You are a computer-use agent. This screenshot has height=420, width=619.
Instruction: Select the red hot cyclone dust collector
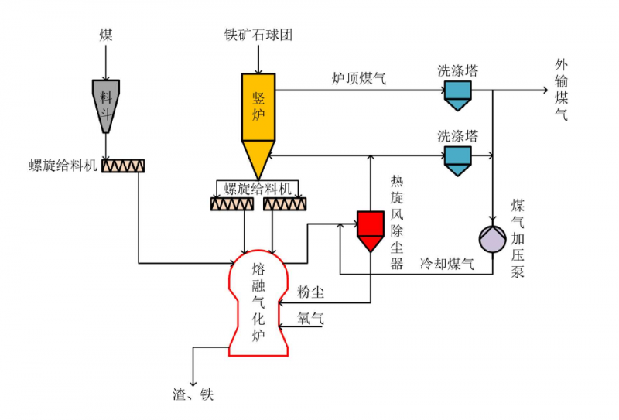coord(370,228)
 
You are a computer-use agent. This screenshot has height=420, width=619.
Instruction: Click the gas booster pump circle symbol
coord(492,238)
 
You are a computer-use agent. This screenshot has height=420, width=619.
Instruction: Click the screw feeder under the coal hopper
coord(123,166)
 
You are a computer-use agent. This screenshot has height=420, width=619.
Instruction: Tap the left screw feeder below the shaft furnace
coord(232,203)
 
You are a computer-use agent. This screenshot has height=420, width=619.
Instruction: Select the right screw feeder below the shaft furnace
coord(285,203)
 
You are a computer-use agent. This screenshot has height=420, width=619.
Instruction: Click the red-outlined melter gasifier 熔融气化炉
coord(258,306)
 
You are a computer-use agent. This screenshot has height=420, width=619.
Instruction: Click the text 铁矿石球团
coord(259,35)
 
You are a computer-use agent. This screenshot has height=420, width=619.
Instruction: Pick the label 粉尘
coord(311,292)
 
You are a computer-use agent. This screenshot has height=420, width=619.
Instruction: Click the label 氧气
coord(311,316)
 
